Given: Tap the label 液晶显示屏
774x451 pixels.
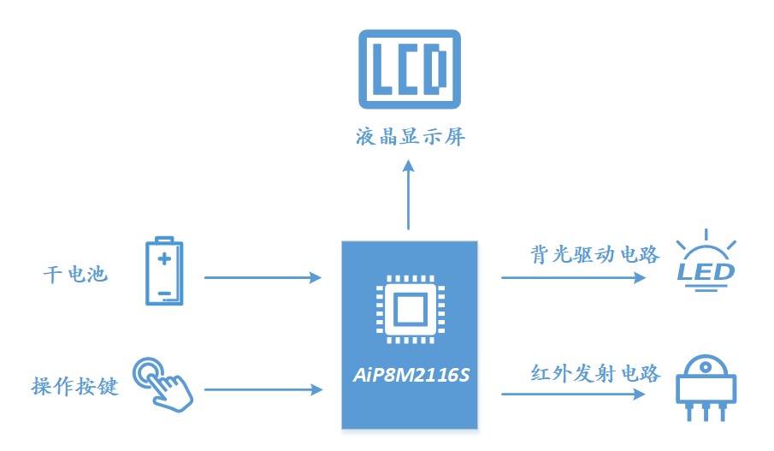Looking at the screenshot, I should pos(410,137).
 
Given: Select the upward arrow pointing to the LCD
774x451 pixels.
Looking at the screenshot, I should pos(408,196).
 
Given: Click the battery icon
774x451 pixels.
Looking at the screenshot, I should pos(163,271).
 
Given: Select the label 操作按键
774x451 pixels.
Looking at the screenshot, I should pos(74,387).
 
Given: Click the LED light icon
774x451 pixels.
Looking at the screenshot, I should pos(706,261).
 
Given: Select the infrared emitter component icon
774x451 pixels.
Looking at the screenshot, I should pos(706,388).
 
